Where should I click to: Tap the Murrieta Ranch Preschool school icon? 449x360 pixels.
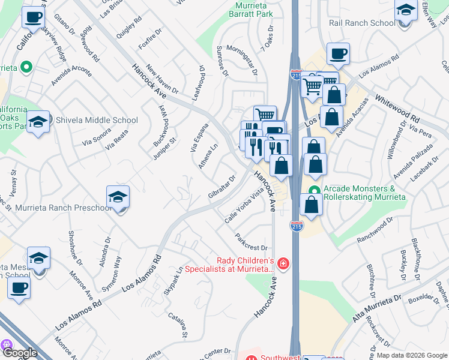(x=118, y=197)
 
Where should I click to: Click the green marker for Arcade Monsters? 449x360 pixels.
(x=313, y=192)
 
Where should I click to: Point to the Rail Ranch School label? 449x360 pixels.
(x=362, y=23)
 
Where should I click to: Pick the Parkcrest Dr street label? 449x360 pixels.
(x=250, y=243)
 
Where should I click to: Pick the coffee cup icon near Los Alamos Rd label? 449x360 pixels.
(x=338, y=54)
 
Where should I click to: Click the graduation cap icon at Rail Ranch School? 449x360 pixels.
(x=406, y=11)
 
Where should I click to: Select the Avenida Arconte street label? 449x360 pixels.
(x=71, y=75)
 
